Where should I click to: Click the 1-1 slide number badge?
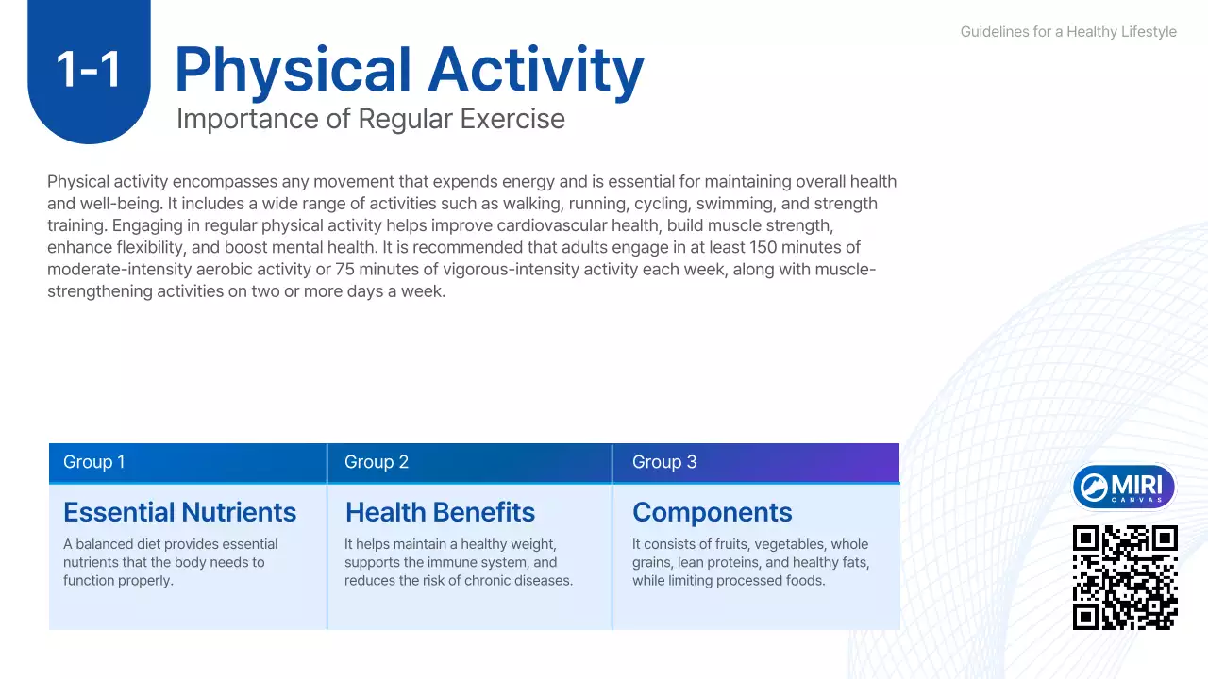coord(89,70)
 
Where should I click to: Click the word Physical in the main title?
coord(293,72)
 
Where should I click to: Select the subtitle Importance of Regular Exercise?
coord(370,120)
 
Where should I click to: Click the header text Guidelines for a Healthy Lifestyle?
coord(1068,32)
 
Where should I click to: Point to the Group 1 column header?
coord(94,462)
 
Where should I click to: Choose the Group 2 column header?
coord(377,462)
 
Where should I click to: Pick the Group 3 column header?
coord(664,462)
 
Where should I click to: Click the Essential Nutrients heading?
coord(179,512)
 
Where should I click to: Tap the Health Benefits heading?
coord(440,512)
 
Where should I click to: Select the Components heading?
coord(712,512)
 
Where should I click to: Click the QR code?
coord(1125,577)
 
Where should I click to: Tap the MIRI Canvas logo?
coord(1124,488)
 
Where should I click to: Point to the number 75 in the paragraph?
coord(345,270)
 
